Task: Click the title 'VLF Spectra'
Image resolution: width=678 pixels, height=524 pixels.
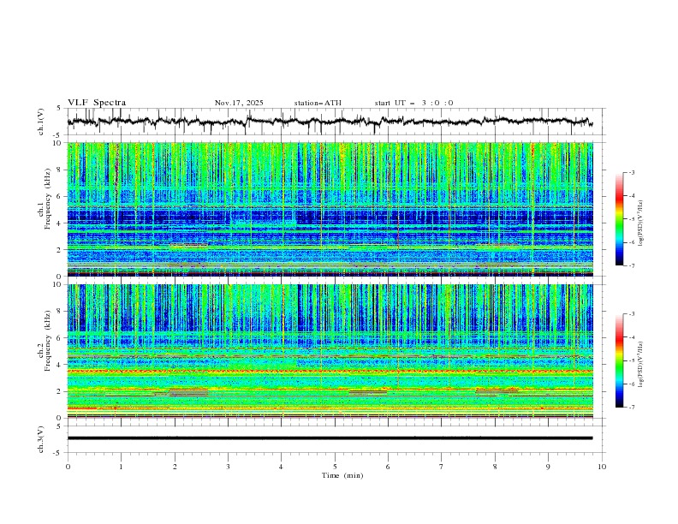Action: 97,103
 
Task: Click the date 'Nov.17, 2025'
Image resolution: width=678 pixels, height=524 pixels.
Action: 239,103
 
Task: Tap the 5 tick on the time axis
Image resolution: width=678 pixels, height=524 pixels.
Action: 335,467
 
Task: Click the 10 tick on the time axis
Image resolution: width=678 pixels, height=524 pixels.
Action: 602,467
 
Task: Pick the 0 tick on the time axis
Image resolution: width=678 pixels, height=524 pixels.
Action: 68,467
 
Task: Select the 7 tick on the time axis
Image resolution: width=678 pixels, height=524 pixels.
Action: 442,467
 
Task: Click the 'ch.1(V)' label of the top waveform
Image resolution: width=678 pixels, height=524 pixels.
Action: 42,122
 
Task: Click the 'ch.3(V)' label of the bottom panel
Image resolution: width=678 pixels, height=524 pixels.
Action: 42,438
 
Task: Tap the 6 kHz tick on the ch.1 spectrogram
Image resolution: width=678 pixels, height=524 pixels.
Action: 59,196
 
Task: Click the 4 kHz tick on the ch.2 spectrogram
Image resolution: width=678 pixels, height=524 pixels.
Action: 59,365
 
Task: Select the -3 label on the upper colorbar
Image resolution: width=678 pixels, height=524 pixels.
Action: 632,173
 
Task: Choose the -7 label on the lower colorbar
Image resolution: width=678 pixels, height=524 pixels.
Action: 632,408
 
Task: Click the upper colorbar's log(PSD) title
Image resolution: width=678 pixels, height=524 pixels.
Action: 641,218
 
